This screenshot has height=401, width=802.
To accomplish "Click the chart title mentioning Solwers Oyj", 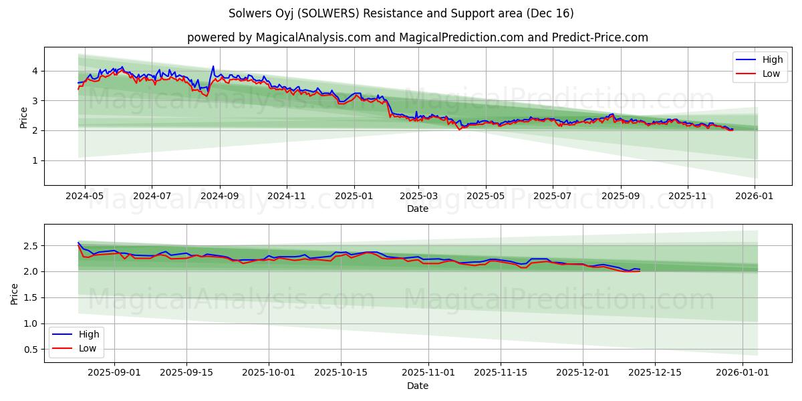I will click(401, 13).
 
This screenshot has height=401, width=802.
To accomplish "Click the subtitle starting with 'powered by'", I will click(417, 37).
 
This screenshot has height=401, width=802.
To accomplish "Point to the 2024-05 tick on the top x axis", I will click(84, 196).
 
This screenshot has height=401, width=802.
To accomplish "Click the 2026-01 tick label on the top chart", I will click(755, 196).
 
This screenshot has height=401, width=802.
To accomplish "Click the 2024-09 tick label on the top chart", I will click(219, 196).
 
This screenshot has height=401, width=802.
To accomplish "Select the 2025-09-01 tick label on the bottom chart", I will click(114, 373).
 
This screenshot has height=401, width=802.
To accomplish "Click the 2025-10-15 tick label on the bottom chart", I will click(341, 373).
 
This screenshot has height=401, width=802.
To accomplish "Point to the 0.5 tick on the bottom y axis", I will click(31, 350).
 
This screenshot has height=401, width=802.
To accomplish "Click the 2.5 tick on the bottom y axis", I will click(31, 246).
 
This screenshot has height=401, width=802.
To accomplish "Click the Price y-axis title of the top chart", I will click(24, 118).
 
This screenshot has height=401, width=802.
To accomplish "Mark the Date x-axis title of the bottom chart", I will click(417, 386).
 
